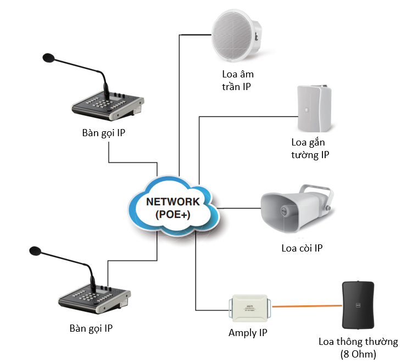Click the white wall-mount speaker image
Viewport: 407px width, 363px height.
(313, 108)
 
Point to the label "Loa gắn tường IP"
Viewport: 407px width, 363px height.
(310, 149)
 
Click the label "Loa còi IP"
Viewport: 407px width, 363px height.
(302, 248)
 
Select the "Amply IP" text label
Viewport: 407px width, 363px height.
(248, 333)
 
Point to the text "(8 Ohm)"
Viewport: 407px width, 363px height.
(358, 354)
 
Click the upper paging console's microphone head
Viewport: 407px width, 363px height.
(48, 57)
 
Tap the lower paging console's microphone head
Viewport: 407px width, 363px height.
(35, 252)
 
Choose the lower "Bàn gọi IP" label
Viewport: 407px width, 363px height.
(92, 328)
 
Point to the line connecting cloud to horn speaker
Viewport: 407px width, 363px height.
(239, 208)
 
